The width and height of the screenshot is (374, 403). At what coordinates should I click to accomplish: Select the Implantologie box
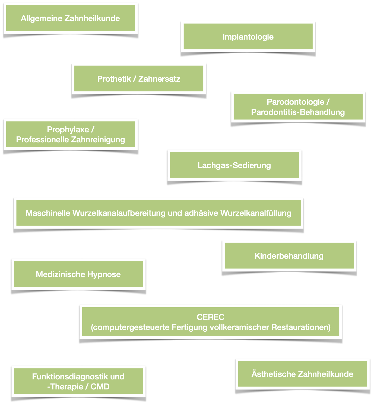point(248,36)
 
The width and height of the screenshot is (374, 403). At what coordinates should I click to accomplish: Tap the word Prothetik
point(114,79)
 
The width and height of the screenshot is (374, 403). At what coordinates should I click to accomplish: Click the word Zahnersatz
point(159,79)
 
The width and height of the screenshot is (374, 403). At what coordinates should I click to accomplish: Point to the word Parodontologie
point(296,102)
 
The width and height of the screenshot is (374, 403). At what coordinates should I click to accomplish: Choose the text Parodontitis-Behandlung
point(298,112)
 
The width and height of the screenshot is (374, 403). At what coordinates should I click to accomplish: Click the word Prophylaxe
point(68,130)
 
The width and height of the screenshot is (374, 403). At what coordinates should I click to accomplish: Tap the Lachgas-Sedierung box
point(234,165)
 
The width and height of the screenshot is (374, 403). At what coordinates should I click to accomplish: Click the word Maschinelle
point(48,213)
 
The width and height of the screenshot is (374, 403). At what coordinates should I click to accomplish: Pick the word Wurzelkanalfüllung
point(256,213)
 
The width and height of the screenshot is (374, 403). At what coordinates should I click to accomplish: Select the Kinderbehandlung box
point(289,255)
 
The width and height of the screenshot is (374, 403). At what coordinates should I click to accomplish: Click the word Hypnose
point(104,274)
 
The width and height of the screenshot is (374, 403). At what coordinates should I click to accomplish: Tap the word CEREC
point(211,317)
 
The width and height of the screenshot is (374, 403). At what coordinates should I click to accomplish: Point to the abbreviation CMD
point(100,387)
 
